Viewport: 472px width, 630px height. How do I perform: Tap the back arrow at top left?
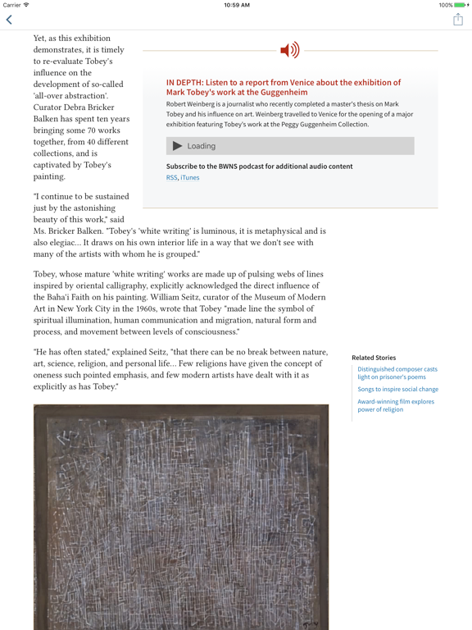tap(9, 20)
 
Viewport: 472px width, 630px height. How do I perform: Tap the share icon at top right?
tap(458, 20)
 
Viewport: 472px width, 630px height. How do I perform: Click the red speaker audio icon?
tap(289, 51)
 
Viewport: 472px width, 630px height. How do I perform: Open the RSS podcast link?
tap(171, 177)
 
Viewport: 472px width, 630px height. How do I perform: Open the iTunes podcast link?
tap(190, 177)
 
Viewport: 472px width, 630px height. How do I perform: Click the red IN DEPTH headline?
tap(283, 88)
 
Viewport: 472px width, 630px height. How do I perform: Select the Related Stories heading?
tap(374, 358)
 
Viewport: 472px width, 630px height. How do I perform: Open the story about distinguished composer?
tap(397, 373)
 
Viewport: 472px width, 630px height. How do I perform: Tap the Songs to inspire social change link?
tap(397, 390)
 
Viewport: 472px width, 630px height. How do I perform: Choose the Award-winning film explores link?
tap(395, 405)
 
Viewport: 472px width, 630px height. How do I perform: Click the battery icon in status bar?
tap(460, 5)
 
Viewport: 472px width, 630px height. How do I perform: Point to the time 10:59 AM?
tap(236, 5)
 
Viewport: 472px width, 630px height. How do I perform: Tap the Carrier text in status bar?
tap(12, 5)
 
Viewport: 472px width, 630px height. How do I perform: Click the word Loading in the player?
tap(202, 146)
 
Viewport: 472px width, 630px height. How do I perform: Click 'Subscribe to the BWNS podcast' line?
tap(259, 167)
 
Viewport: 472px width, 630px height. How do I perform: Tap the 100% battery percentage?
tap(445, 5)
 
